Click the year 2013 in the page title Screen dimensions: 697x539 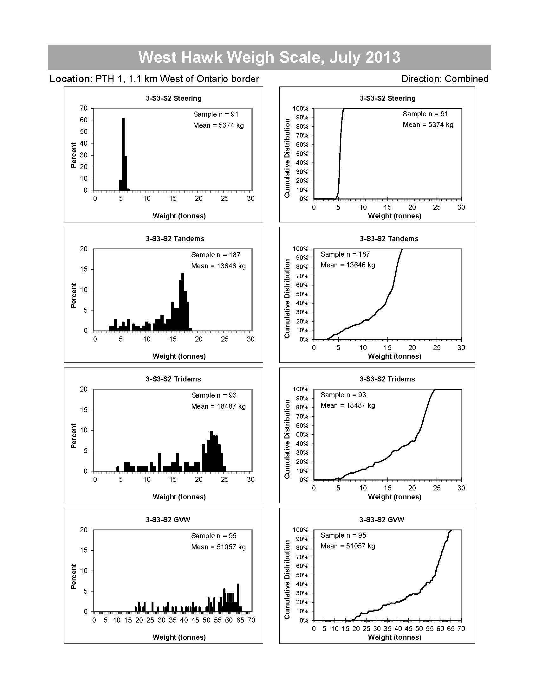(x=383, y=57)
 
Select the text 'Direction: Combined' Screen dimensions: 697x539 (x=445, y=79)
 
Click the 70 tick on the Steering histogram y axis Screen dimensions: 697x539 (x=84, y=108)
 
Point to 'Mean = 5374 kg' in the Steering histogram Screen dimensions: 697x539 (x=218, y=125)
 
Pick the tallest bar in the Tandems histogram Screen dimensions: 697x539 (x=183, y=302)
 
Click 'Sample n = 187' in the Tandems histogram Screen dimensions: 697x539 (x=216, y=255)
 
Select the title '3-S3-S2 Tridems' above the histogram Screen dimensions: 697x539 (x=173, y=379)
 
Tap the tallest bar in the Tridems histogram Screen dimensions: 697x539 (x=211, y=451)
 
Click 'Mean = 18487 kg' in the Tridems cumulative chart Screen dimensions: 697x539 (x=348, y=405)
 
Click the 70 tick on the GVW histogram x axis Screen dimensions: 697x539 (x=251, y=620)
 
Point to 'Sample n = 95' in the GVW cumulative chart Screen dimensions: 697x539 (x=343, y=535)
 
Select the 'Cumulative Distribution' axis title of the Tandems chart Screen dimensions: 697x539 (x=287, y=298)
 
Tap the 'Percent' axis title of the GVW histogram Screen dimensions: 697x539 (x=74, y=576)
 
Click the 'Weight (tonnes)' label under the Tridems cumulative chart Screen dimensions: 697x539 (x=394, y=496)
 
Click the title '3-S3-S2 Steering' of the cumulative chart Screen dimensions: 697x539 (x=387, y=98)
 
